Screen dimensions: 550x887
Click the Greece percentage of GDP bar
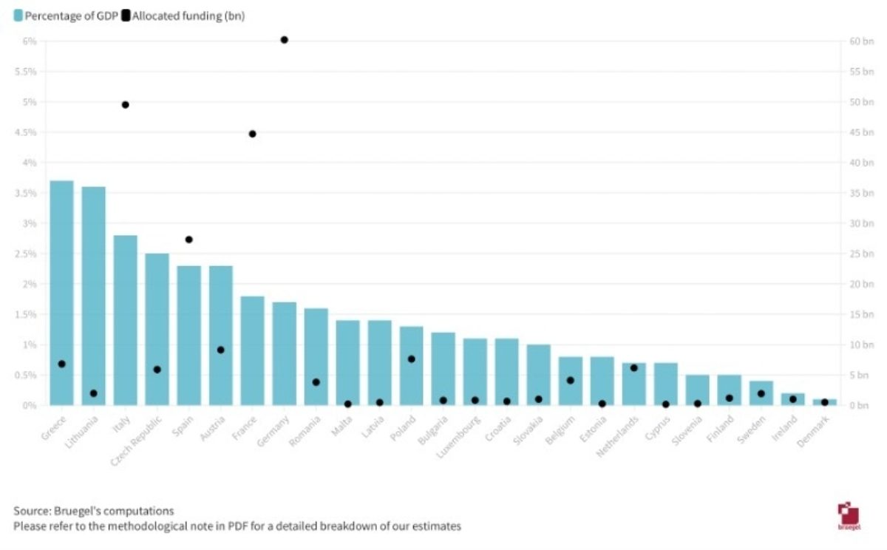click(61, 296)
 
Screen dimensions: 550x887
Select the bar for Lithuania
click(93, 296)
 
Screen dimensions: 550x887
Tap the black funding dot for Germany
click(284, 40)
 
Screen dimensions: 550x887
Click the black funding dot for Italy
click(125, 105)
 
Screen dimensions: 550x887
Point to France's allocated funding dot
click(252, 134)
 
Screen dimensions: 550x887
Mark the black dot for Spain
click(188, 240)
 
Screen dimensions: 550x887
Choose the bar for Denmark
click(825, 402)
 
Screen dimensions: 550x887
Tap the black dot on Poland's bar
click(411, 359)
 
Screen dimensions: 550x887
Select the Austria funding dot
click(220, 350)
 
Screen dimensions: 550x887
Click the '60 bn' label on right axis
click(862, 41)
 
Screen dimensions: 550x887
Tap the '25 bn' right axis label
click(862, 254)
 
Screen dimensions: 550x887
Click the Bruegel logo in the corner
click(847, 515)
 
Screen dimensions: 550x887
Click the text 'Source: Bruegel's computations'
click(94, 511)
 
